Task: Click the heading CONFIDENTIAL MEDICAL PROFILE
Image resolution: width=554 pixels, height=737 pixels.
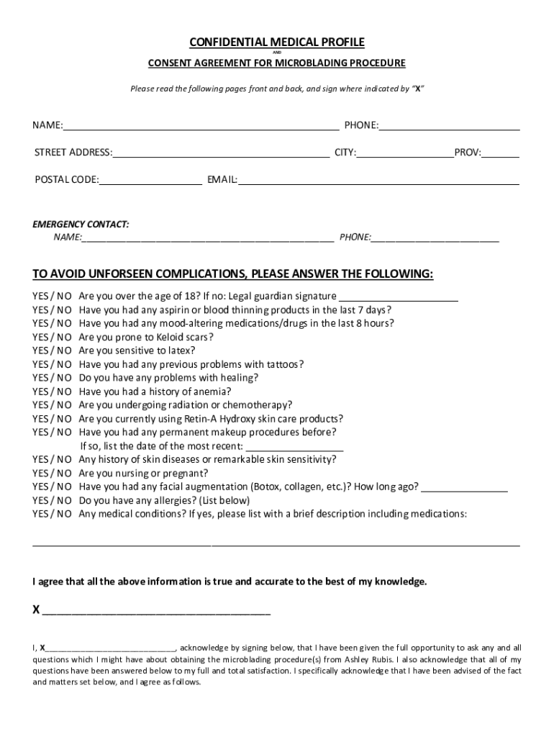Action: pyautogui.click(x=277, y=42)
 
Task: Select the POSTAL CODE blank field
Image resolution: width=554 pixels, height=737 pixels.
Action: pyautogui.click(x=150, y=180)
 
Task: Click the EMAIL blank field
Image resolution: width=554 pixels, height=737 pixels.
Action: pyautogui.click(x=378, y=180)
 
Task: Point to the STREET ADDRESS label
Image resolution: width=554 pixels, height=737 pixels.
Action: pyautogui.click(x=73, y=153)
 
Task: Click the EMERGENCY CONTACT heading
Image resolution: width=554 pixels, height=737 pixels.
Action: pyautogui.click(x=81, y=225)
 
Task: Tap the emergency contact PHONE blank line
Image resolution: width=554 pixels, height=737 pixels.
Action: pyautogui.click(x=435, y=238)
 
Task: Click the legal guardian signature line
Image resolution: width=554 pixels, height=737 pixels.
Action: pyautogui.click(x=398, y=297)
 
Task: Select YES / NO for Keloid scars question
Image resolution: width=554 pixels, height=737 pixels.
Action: pyautogui.click(x=52, y=337)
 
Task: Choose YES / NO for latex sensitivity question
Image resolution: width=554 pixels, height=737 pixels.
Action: pyautogui.click(x=52, y=351)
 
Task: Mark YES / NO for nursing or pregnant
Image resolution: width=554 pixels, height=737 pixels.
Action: pyautogui.click(x=52, y=474)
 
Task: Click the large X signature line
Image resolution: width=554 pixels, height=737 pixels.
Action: pyautogui.click(x=156, y=612)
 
